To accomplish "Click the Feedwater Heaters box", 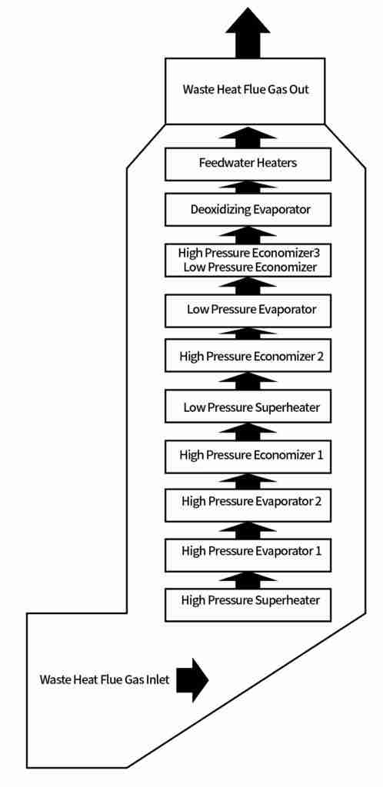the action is tap(248, 164).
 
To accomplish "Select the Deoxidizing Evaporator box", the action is tap(248, 209).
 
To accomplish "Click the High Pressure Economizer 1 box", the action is tap(248, 457).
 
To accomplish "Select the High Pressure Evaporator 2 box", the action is tap(248, 503).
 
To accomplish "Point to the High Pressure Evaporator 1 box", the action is tap(248, 555).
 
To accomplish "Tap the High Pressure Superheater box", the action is tap(248, 605).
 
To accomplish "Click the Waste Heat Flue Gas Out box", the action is tap(245, 91).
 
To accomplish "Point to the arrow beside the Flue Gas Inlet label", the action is tap(192, 679).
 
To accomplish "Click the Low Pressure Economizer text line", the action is tap(250, 267).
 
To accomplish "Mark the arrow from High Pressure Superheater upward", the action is tap(248, 580).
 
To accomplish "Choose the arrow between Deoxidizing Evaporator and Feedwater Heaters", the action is tap(248, 188).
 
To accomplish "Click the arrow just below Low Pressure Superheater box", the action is tap(248, 432).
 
